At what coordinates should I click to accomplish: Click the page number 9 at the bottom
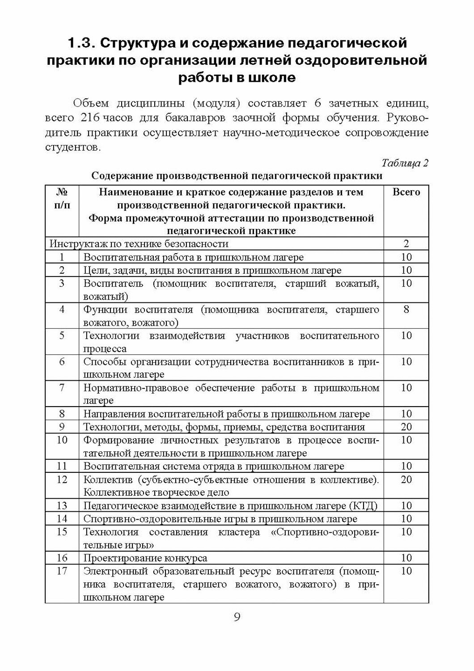(x=237, y=618)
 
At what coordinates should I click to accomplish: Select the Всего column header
(x=406, y=192)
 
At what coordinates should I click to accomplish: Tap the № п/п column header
(x=62, y=199)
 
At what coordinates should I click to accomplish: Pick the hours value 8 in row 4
(x=406, y=309)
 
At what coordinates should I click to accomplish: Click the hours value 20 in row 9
(x=406, y=427)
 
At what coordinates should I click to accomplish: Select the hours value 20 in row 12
(x=406, y=480)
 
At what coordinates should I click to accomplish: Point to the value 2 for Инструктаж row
(x=406, y=244)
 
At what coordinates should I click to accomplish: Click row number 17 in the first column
(x=62, y=571)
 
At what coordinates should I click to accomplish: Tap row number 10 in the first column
(x=62, y=440)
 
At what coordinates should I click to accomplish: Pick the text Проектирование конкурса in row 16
(x=145, y=558)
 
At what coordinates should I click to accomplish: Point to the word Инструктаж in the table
(x=75, y=244)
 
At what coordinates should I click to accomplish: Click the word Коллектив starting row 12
(x=108, y=480)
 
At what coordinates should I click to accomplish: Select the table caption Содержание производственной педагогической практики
(x=237, y=176)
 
